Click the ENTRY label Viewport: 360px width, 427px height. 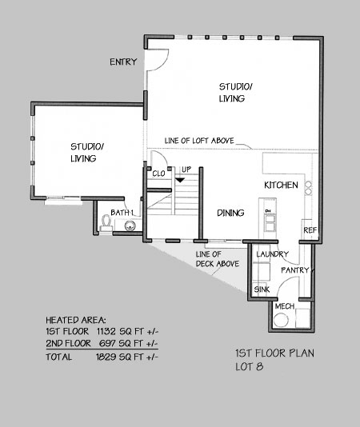tap(123, 62)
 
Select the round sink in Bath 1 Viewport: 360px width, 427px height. tap(130, 225)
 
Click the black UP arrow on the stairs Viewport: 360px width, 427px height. tap(180, 180)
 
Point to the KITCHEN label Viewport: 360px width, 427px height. tap(281, 186)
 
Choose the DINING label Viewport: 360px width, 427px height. tap(230, 213)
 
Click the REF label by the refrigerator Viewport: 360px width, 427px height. tap(310, 230)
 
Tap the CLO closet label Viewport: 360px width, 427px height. tap(158, 174)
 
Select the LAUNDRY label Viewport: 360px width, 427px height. tap(272, 254)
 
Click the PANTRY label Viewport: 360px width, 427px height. tap(295, 270)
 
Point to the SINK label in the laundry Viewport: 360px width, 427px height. tap(262, 289)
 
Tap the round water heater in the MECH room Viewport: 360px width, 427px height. tap(281, 320)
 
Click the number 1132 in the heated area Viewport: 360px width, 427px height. tap(106, 331)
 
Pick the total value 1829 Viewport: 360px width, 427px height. tap(106, 357)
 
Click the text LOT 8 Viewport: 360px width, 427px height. tap(250, 367)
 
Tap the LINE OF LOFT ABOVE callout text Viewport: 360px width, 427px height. tap(199, 141)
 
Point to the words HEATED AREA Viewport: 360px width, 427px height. tap(76, 320)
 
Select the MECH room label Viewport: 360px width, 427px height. tap(285, 306)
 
